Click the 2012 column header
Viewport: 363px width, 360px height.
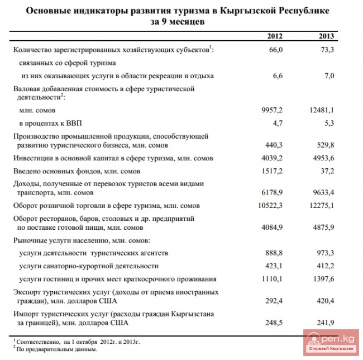coord(274,36)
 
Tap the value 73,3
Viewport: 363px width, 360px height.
coord(326,50)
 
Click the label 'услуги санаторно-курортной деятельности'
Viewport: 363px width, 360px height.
coord(89,266)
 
